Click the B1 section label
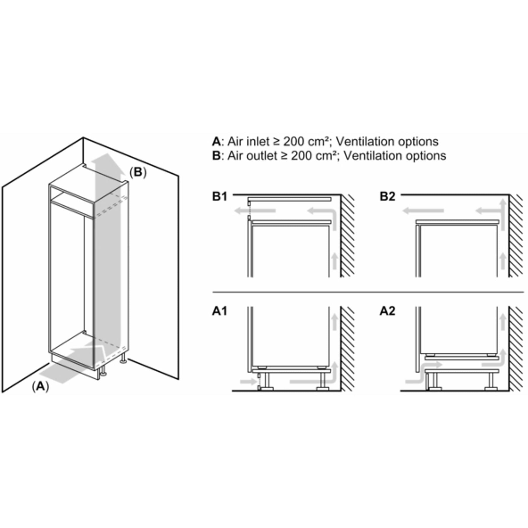point(220,197)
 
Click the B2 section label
point(387,197)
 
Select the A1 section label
point(220,311)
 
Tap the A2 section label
point(387,311)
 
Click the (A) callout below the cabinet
point(40,387)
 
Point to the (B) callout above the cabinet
point(138,172)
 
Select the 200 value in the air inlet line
point(294,141)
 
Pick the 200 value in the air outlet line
point(302,155)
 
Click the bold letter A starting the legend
point(216,141)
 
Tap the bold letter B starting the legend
point(216,155)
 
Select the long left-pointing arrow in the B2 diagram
point(423,211)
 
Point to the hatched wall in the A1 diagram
point(348,349)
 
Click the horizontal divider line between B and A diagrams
point(368,292)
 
